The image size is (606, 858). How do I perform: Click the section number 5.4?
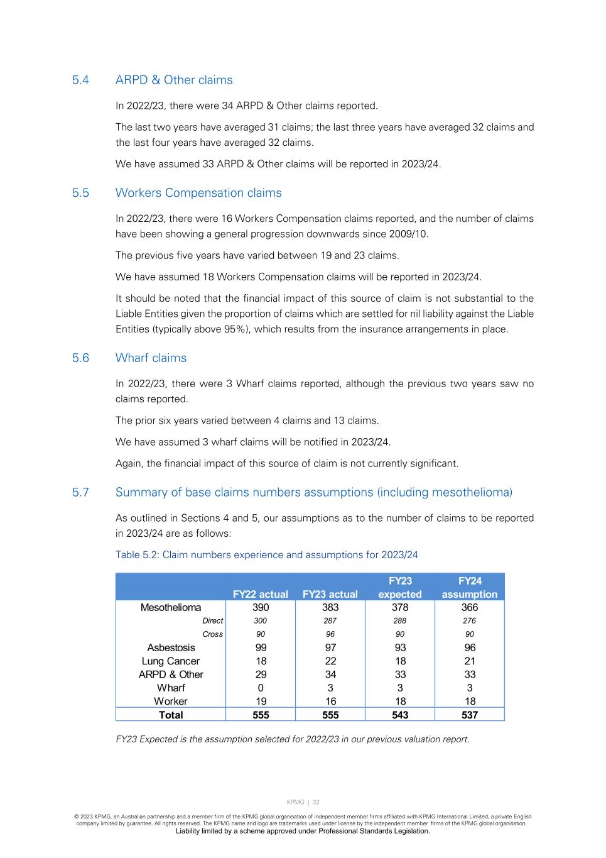pyautogui.click(x=80, y=80)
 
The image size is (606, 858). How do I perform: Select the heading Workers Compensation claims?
pyautogui.click(x=198, y=193)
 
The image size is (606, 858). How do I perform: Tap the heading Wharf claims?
pyautogui.click(x=151, y=358)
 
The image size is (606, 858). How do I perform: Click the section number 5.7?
pyautogui.click(x=80, y=492)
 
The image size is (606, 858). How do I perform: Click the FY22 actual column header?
pyautogui.click(x=260, y=594)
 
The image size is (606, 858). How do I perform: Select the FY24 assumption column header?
pyautogui.click(x=469, y=588)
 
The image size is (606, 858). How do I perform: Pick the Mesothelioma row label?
pyautogui.click(x=171, y=607)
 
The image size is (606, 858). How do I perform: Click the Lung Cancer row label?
pyautogui.click(x=171, y=661)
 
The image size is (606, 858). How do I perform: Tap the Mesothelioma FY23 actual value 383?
pyautogui.click(x=330, y=607)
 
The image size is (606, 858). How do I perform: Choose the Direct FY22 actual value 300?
pyautogui.click(x=260, y=620)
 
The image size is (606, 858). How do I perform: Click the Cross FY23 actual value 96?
pyautogui.click(x=330, y=634)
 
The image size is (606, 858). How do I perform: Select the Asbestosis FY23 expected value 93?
pyautogui.click(x=400, y=647)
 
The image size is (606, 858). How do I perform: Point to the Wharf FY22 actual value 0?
pyautogui.click(x=260, y=688)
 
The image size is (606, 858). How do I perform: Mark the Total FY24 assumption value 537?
pyautogui.click(x=469, y=715)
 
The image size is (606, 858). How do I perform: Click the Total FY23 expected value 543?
pyautogui.click(x=400, y=715)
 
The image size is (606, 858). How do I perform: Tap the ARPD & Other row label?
pyautogui.click(x=171, y=674)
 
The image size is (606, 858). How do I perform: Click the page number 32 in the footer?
pyautogui.click(x=316, y=802)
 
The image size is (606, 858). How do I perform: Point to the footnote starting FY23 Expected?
pyautogui.click(x=293, y=739)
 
